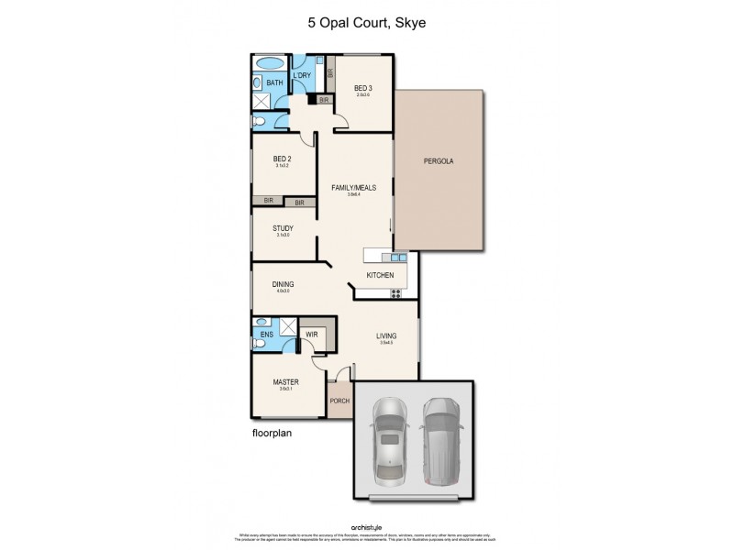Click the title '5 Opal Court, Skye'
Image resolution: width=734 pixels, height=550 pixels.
click(366, 24)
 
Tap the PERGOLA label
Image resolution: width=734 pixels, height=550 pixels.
click(439, 162)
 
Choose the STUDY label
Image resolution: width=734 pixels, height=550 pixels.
click(283, 228)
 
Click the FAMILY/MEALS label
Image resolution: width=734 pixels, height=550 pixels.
click(353, 188)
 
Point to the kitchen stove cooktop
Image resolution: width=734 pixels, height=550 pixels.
click(397, 293)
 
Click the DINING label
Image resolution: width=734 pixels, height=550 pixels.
click(282, 285)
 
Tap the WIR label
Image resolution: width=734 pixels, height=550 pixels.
click(312, 335)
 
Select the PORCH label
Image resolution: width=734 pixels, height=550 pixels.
click(339, 401)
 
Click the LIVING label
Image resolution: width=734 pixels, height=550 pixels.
click(385, 337)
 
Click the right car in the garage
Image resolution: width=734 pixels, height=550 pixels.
click(440, 438)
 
